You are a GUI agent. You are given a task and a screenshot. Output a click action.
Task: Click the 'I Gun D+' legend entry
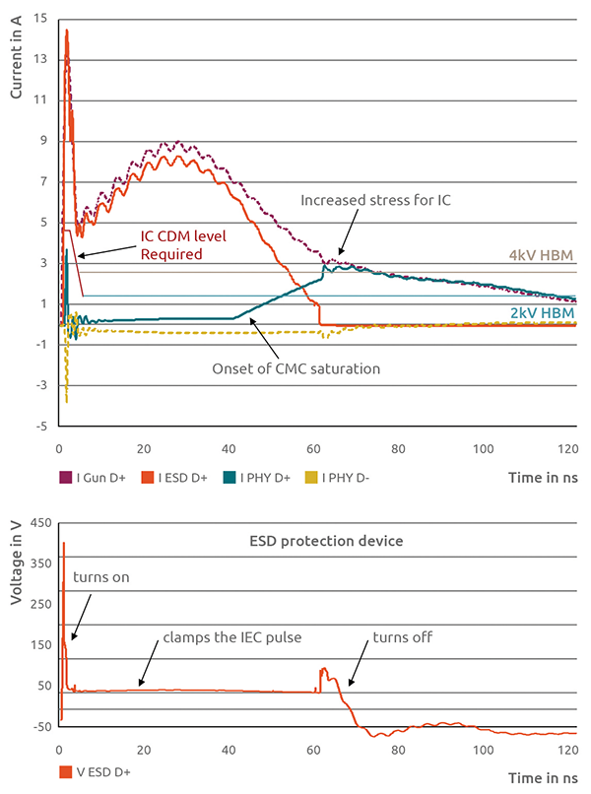tap(93, 478)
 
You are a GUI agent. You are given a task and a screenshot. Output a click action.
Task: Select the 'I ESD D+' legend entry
tap(173, 478)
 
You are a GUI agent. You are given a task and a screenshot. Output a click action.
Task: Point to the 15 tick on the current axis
tap(40, 17)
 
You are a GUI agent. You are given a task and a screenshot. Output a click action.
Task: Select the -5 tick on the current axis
tap(40, 427)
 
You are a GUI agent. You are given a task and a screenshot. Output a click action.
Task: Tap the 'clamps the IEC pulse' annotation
tap(232, 637)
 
